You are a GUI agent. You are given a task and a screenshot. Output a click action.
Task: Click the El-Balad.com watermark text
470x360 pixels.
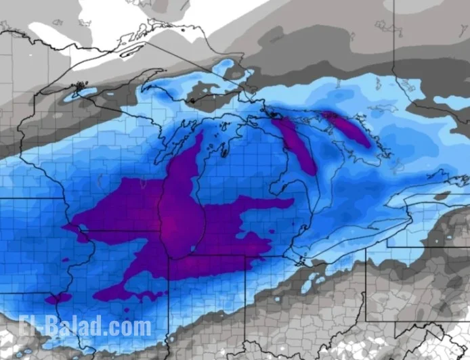click(85, 327)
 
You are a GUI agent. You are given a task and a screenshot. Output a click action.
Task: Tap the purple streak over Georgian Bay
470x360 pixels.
click(347, 128)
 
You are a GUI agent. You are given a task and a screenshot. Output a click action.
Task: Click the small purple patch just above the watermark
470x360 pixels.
click(57, 298)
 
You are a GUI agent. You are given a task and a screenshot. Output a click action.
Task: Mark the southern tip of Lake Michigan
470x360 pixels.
click(178, 256)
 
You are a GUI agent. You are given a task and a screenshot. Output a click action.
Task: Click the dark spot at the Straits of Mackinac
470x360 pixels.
click(274, 114)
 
